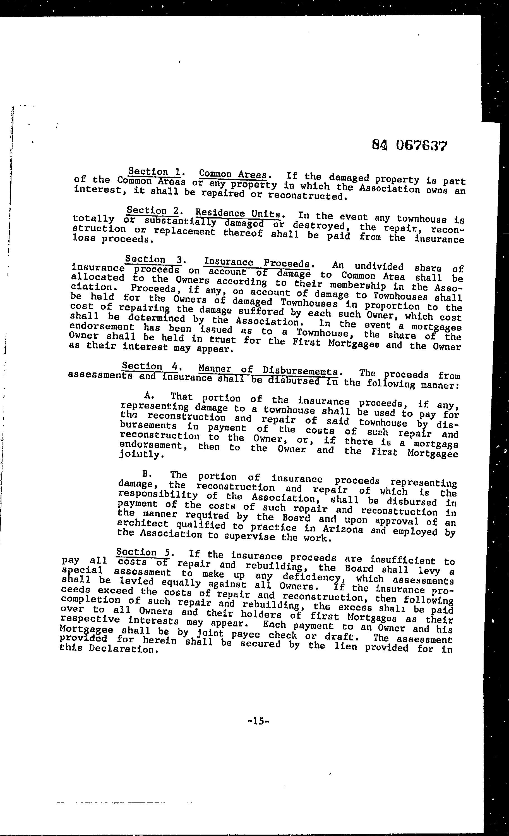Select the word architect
click(x=142, y=524)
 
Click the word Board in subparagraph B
click(x=297, y=518)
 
